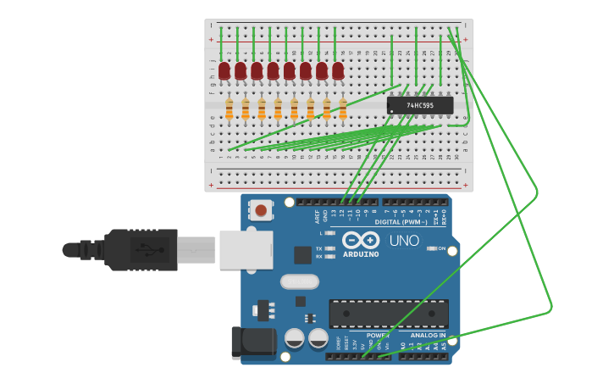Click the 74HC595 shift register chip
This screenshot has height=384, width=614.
[419, 105]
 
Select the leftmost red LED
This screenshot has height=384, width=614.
[224, 71]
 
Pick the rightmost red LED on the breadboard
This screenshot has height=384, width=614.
[338, 71]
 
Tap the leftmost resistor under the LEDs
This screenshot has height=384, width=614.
[229, 109]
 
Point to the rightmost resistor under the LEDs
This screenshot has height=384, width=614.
[343, 109]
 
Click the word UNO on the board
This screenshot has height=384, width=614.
[404, 241]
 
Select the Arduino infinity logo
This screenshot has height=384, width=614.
[361, 240]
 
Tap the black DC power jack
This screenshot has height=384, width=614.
[253, 342]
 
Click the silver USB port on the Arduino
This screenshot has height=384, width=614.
[246, 249]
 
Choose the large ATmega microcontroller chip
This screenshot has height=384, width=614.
[389, 313]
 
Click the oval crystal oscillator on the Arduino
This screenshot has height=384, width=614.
[299, 281]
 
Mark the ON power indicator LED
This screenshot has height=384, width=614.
[432, 248]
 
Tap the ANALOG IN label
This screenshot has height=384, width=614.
[429, 335]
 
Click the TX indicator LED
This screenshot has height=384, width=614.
[329, 248]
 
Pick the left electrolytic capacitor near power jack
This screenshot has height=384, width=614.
[294, 338]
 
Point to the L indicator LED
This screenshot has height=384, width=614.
[329, 232]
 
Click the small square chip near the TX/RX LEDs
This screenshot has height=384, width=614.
[302, 254]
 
